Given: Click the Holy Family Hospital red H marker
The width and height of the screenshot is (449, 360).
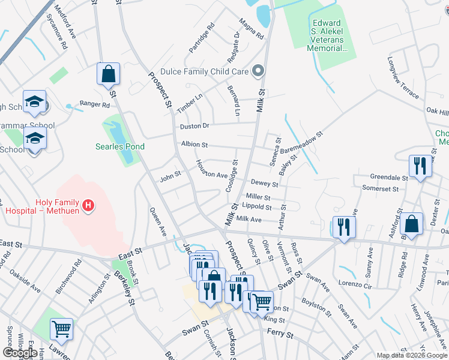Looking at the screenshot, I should coord(88,206).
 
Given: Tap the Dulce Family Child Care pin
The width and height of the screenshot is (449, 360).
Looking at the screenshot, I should coord(259,71).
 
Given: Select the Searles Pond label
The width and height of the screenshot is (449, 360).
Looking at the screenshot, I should coord(120,146).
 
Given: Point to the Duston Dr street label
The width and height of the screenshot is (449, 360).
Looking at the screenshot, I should coord(194,126).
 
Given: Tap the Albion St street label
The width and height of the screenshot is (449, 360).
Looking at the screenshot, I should coord(194,145).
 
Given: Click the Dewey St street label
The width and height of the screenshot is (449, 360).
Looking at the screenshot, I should coord(264,184).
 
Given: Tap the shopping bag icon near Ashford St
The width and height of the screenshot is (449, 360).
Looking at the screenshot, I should coord(411,225).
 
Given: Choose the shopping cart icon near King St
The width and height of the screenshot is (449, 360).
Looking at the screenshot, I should coord(262,303).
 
